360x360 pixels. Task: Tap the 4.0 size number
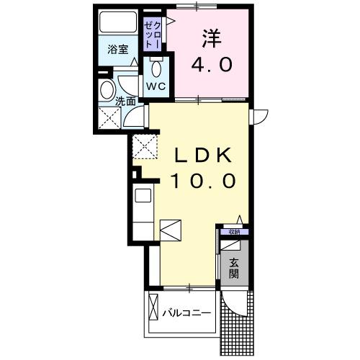[211, 66]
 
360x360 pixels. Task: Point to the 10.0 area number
[203, 180]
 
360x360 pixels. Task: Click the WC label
[156, 86]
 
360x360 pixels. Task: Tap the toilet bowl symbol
[156, 69]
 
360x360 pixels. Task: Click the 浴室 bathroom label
[119, 50]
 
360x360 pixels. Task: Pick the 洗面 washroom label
[125, 102]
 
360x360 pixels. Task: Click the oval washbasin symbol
[107, 92]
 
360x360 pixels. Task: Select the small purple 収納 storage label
[234, 232]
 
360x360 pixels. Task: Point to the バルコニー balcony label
[186, 313]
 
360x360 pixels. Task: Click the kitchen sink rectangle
[142, 195]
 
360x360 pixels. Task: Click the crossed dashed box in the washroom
[111, 118]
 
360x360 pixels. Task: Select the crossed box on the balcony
[153, 310]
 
